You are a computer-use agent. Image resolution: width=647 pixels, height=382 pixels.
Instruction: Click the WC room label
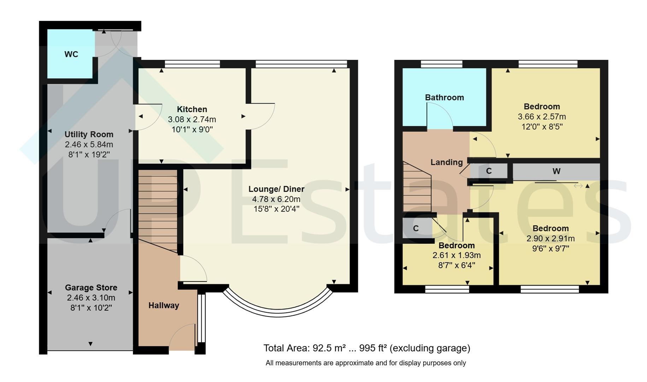[71, 54]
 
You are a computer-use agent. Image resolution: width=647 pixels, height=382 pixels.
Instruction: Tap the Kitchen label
[192, 109]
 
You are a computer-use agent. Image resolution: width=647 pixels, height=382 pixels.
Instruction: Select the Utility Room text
[89, 134]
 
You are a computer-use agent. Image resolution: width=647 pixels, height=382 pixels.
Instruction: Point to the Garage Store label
[91, 288]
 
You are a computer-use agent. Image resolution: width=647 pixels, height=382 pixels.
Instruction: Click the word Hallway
[164, 305]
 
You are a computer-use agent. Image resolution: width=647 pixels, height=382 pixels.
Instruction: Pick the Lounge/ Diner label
[276, 189]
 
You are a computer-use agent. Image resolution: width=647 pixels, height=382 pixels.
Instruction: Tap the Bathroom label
[445, 98]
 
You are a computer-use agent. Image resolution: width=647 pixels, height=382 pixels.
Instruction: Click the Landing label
[447, 162]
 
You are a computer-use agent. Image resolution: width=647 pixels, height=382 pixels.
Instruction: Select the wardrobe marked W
[556, 172]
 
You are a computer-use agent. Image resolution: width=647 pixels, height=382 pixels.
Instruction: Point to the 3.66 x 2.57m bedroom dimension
[542, 117]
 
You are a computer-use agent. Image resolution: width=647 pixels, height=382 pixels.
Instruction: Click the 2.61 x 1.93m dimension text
[457, 255]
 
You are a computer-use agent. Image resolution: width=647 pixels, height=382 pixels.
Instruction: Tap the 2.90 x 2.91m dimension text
[551, 239]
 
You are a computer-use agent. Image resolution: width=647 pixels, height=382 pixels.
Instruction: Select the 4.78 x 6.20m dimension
[276, 199]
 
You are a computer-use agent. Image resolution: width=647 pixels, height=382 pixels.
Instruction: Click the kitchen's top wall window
[192, 64]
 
